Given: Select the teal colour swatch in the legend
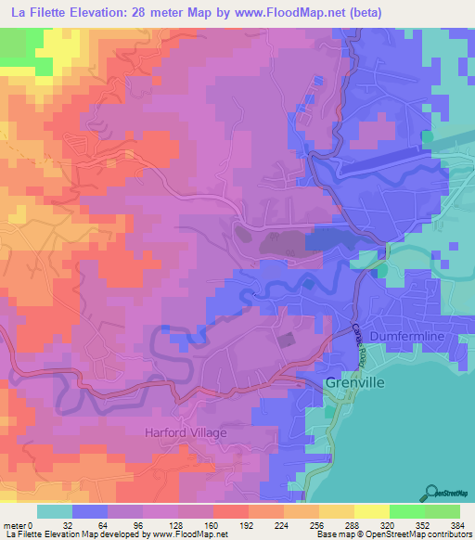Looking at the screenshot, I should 55,511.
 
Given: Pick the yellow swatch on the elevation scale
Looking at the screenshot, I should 372,511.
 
